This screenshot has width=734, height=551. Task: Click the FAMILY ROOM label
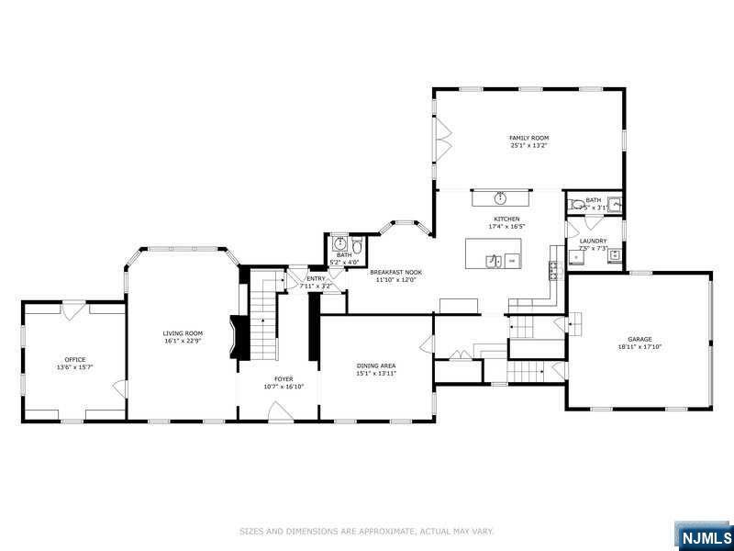click(529, 138)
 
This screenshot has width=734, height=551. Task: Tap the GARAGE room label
click(639, 340)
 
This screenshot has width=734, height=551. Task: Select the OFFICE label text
click(74, 359)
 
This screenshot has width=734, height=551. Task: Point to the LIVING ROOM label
click(183, 332)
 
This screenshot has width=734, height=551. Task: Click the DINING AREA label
click(376, 365)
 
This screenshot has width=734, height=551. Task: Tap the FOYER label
click(284, 378)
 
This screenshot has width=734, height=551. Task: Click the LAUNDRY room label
click(593, 241)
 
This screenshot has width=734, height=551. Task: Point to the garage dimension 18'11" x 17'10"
click(639, 347)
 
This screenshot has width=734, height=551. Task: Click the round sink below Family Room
click(501, 197)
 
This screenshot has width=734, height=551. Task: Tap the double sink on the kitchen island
click(493, 261)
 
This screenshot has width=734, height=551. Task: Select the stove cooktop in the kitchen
click(554, 268)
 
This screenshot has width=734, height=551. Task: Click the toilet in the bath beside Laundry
click(573, 205)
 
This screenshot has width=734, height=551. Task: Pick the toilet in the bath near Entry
click(357, 246)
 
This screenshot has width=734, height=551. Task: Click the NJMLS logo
click(704, 535)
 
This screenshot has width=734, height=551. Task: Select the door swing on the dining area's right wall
click(427, 344)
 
